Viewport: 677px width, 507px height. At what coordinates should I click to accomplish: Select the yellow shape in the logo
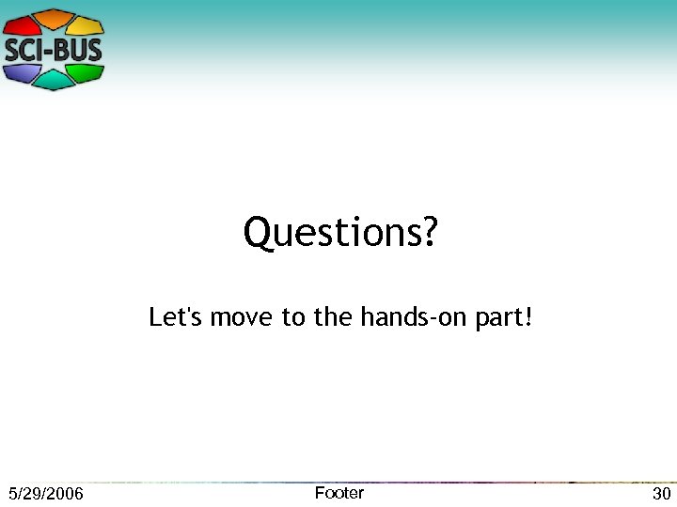coord(86,25)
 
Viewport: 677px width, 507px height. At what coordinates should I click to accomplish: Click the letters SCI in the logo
coord(26,50)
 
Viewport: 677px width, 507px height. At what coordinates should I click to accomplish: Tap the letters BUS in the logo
coord(77,50)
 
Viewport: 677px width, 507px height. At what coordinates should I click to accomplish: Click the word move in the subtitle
coord(242,318)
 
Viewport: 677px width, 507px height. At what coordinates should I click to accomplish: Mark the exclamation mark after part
coord(528,317)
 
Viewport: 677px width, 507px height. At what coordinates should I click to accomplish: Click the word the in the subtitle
coord(332,317)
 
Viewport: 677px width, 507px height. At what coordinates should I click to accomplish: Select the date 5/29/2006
coord(45,494)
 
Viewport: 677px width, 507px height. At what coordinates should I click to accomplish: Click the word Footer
coord(338,493)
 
